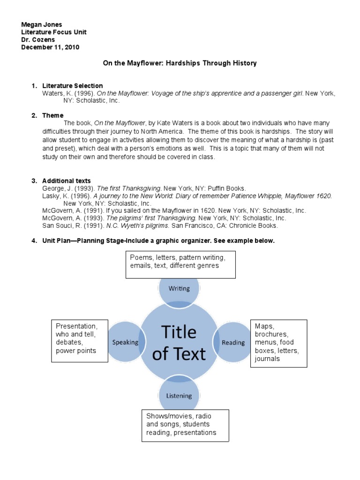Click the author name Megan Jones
42,24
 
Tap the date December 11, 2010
50,47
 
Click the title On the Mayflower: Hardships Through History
180,63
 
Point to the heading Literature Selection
72,86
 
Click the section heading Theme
52,115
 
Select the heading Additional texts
67,181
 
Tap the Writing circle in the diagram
179,288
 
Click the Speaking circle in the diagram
125,342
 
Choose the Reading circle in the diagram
233,342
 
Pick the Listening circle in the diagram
179,396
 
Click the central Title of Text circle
179,343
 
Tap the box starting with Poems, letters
180,264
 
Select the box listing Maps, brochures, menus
278,343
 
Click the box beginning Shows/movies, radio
185,425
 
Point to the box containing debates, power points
80,341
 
